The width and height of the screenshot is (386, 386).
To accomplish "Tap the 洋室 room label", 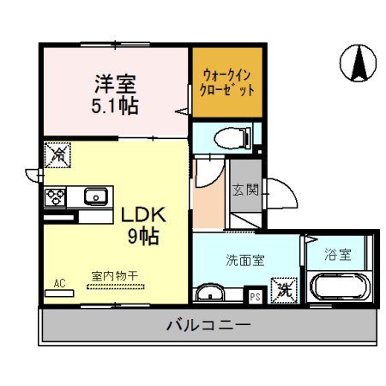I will (115, 85).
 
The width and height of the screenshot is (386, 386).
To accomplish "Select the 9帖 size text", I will (142, 236).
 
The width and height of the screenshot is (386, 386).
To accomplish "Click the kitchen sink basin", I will (95, 197).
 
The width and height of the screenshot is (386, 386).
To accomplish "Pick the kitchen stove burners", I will (57, 197).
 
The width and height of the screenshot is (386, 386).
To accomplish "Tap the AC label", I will (60, 281).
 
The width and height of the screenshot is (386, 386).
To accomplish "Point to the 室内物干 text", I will (115, 275).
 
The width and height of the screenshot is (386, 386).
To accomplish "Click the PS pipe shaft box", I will (255, 296).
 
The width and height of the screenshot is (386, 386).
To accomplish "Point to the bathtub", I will (338, 286).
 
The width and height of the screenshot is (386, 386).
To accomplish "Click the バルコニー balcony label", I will (208, 325).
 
